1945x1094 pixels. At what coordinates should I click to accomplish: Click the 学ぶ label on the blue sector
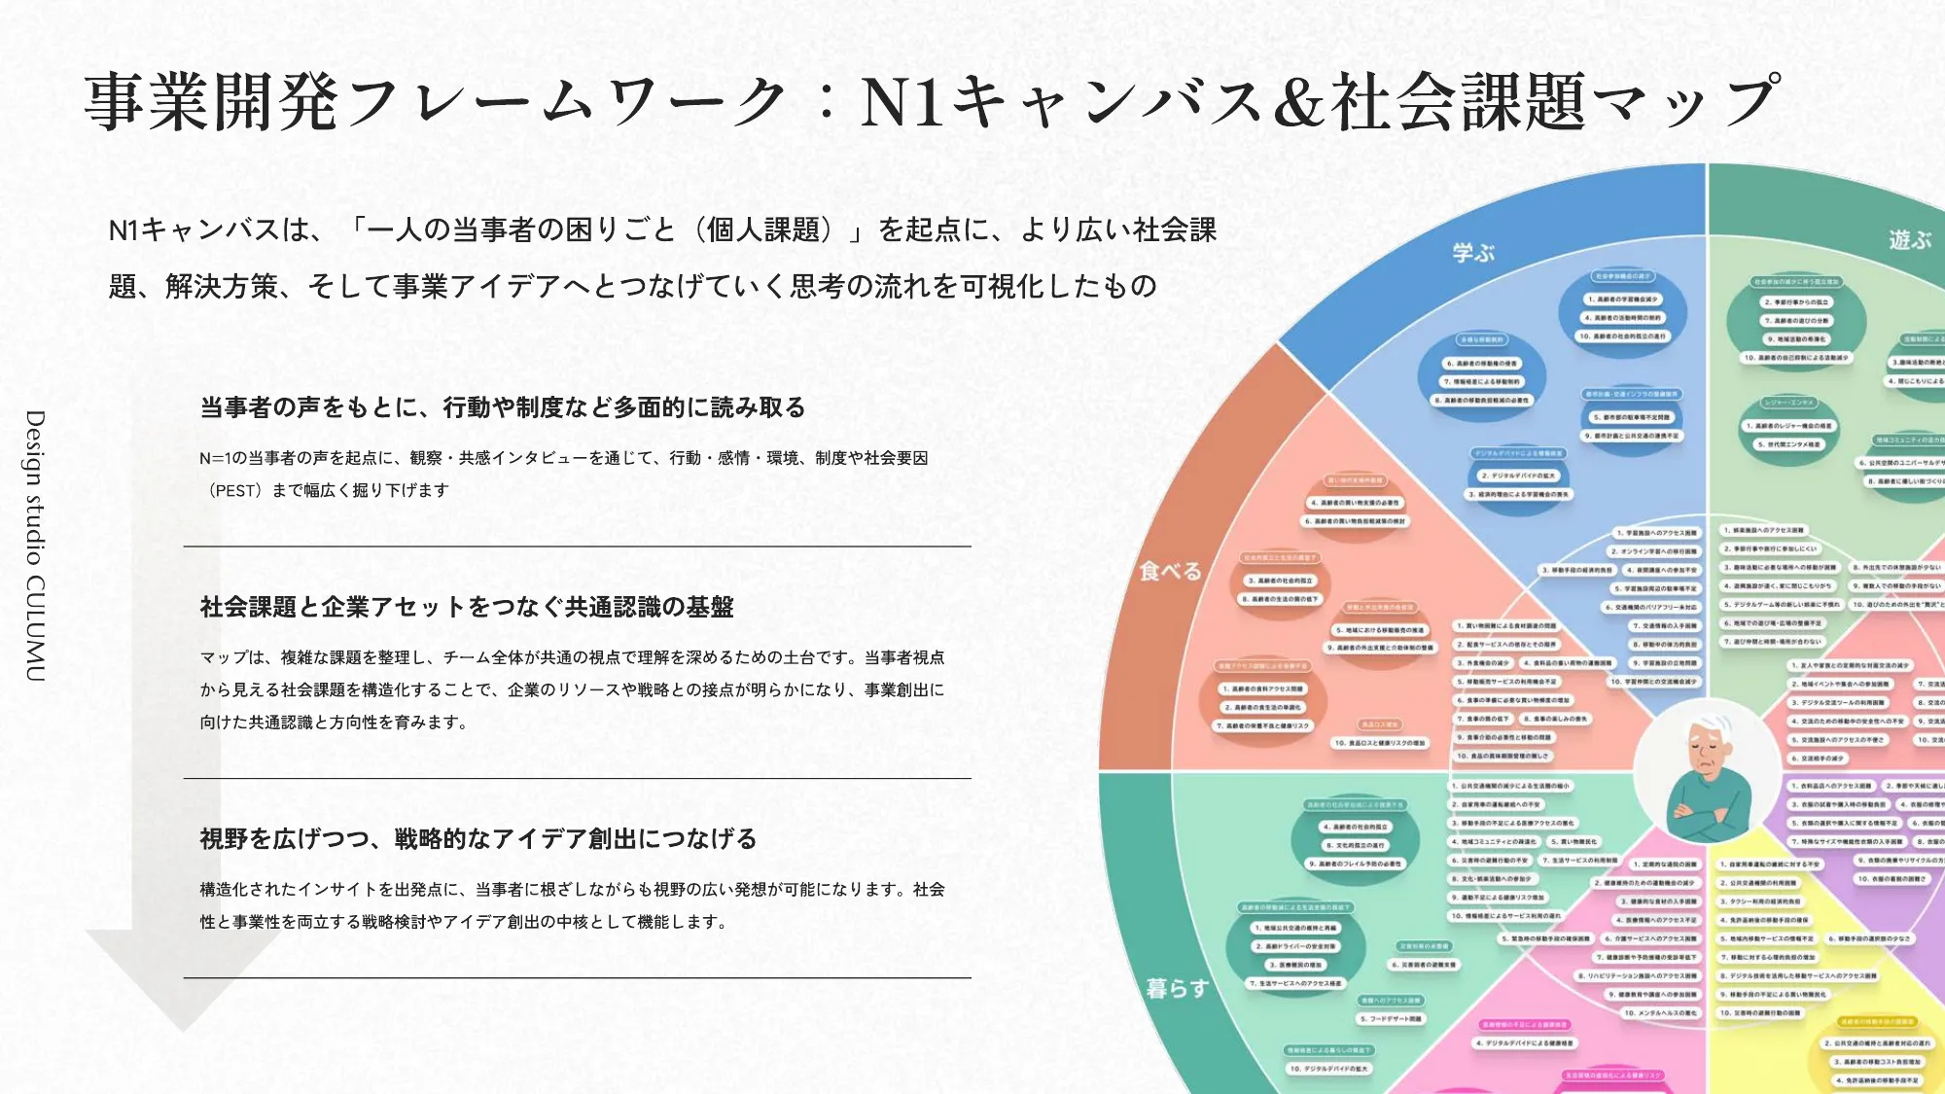pos(1473,253)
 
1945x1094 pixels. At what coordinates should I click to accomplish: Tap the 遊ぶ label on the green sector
pos(1910,239)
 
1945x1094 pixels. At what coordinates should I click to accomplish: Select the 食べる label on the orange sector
pos(1170,571)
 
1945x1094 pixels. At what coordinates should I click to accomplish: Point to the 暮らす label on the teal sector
pos(1177,988)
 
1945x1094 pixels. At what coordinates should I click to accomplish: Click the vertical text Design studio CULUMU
pos(35,545)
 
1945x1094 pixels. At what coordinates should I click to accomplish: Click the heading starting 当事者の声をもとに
pos(503,407)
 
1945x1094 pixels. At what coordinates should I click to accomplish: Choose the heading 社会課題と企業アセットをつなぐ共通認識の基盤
pos(467,607)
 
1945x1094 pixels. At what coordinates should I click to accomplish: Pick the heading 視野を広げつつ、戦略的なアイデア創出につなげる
pos(478,838)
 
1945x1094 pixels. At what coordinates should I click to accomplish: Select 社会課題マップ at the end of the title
pos(1556,102)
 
